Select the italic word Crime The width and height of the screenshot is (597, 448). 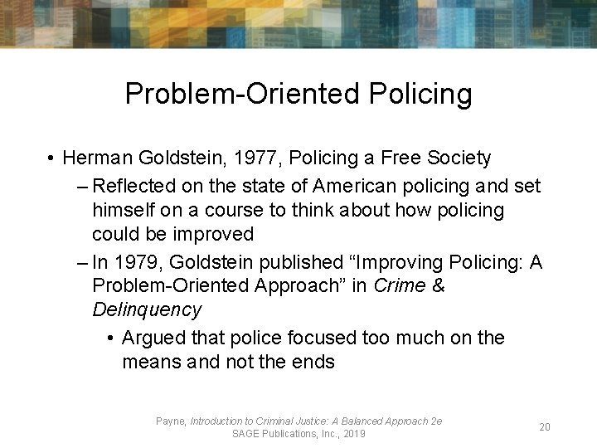pyautogui.click(x=402, y=286)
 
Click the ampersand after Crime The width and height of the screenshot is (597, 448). pyautogui.click(x=439, y=286)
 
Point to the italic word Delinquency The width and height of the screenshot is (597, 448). pyautogui.click(x=147, y=310)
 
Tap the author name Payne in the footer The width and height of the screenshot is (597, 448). pyautogui.click(x=171, y=421)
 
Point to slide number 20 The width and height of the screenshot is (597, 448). pyautogui.click(x=545, y=427)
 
